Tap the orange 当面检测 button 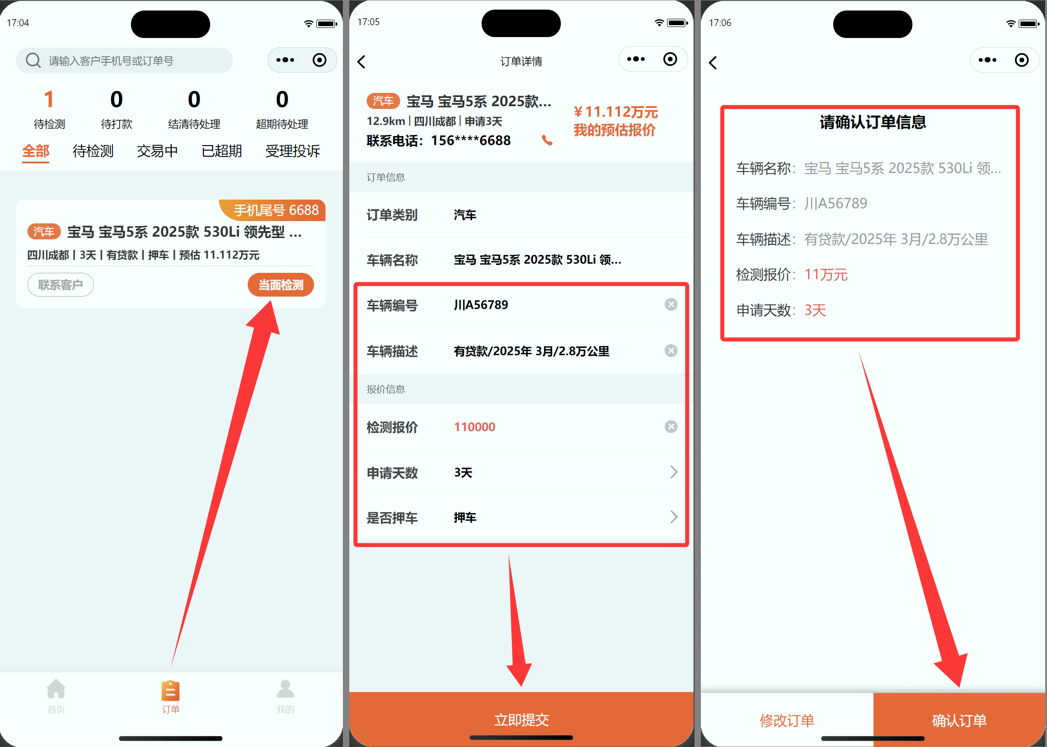point(281,285)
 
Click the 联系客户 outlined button point(60,285)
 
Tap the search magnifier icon point(33,60)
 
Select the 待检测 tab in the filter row point(93,151)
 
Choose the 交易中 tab point(157,151)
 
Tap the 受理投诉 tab point(293,151)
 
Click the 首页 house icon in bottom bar point(56,689)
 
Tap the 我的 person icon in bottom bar point(285,689)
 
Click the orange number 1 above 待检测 point(49,99)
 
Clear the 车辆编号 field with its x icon point(671,304)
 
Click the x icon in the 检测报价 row point(671,427)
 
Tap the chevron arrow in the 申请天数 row point(674,472)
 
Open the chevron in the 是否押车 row point(674,517)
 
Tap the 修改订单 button point(787,720)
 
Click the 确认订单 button point(960,720)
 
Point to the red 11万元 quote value point(826,275)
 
